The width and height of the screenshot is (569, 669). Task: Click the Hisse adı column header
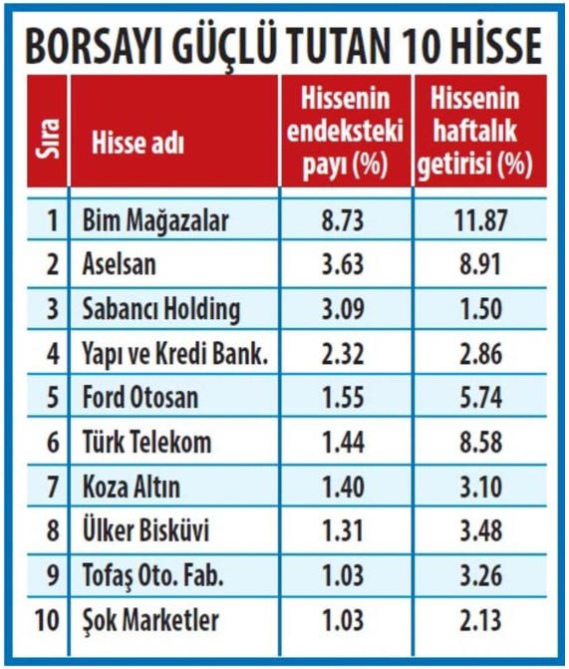[138, 143]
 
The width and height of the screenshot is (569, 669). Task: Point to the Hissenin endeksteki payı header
[345, 131]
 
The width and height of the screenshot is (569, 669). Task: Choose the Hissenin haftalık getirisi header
[474, 131]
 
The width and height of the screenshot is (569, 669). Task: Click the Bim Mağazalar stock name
[155, 221]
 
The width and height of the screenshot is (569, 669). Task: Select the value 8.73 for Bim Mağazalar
[343, 220]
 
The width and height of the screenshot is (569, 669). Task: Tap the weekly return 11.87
[480, 220]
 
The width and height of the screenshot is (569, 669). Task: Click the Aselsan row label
[119, 264]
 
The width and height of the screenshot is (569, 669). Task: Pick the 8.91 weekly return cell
[480, 264]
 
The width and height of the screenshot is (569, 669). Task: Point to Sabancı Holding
[160, 310]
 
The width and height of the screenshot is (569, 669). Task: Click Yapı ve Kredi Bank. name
[174, 354]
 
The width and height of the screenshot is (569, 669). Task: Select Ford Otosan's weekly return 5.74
[480, 398]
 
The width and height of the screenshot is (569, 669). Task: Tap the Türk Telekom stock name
[146, 442]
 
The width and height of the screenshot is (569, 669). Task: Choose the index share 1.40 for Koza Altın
[343, 488]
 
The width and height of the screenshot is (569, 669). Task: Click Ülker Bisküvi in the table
[145, 531]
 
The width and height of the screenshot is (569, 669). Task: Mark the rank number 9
[52, 575]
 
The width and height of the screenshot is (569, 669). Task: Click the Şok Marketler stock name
[150, 620]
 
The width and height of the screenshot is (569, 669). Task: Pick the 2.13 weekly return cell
[480, 620]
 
